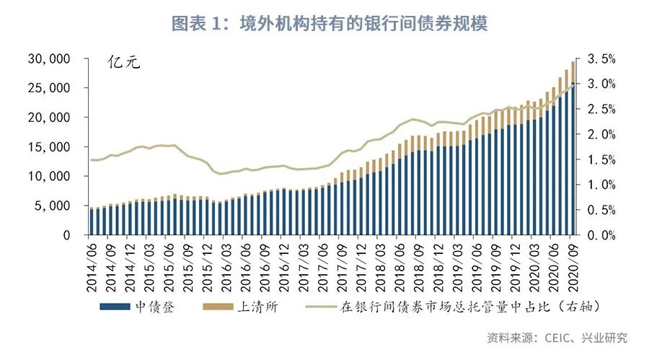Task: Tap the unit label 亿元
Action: [123, 61]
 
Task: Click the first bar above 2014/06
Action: [91, 221]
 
